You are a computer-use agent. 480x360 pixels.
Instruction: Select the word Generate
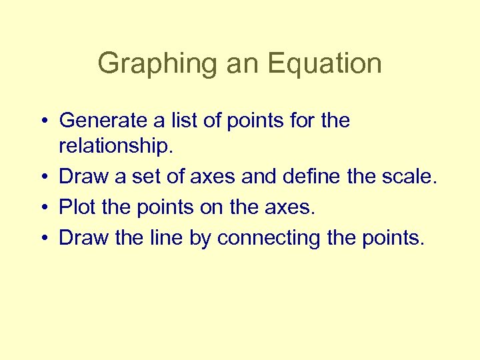click(x=103, y=121)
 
